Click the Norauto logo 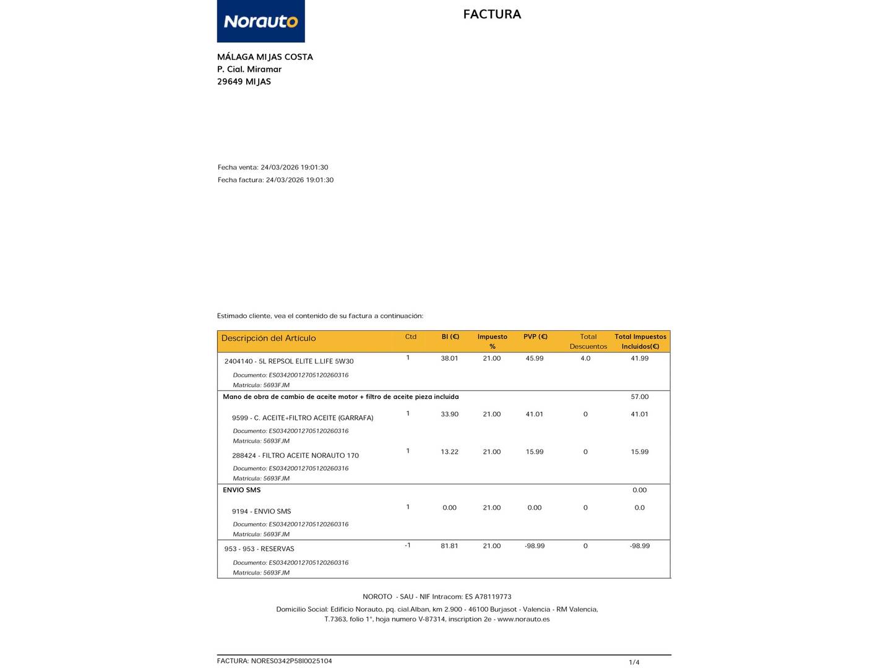pos(260,21)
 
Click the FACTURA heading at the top pos(492,14)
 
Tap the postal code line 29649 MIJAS pos(244,82)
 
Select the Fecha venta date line pos(273,168)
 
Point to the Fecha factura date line pos(275,180)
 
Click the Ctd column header pos(410,337)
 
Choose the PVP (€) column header pos(535,337)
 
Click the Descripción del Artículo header pos(269,338)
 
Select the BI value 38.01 pos(449,359)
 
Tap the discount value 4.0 pos(585,359)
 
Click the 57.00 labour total pos(639,397)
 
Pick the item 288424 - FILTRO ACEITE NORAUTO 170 pos(295,456)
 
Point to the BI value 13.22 pos(449,452)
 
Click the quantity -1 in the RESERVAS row pos(407,546)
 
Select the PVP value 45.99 pos(534,359)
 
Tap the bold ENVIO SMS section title pos(241,490)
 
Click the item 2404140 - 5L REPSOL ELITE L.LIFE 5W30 pos(289,361)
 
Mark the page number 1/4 pos(634,662)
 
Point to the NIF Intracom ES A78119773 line pos(437,597)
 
